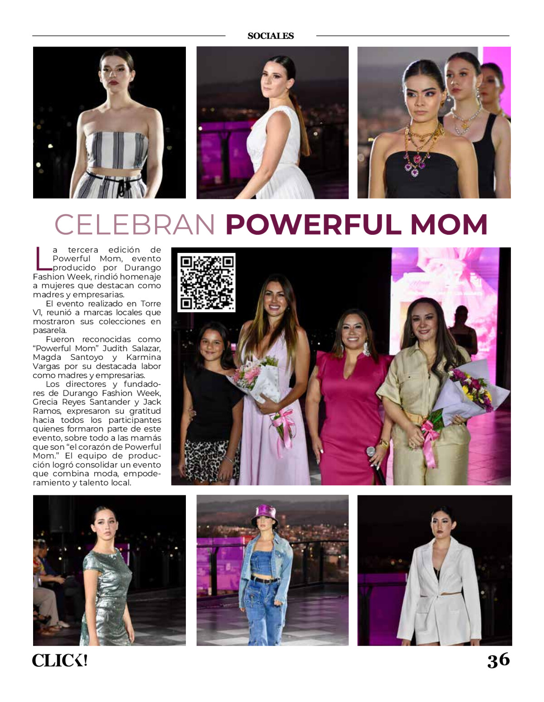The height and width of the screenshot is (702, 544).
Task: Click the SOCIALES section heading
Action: click(271, 36)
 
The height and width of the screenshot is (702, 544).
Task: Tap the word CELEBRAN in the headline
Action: click(135, 224)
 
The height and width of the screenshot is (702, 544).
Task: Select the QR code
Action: click(206, 282)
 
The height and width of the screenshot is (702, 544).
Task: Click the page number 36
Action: click(498, 660)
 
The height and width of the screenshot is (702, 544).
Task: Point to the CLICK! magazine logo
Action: click(59, 660)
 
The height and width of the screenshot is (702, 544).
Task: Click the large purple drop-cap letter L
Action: click(42, 258)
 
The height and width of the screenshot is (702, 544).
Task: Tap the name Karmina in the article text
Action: click(143, 357)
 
